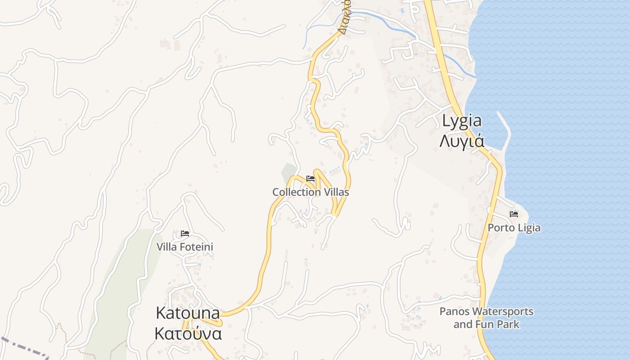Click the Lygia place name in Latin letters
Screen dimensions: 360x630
462,121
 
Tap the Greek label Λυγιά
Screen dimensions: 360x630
462,141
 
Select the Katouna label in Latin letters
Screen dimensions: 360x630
188,313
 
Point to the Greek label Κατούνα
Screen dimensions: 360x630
188,334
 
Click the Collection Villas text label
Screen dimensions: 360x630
310,192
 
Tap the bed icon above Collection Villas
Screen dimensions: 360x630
310,179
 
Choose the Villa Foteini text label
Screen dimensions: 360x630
184,247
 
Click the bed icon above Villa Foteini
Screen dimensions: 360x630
184,234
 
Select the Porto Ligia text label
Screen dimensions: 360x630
514,228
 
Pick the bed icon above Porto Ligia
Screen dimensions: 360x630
514,214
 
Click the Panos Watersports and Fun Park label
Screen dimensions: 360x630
486,318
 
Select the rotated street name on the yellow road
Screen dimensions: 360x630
345,18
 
